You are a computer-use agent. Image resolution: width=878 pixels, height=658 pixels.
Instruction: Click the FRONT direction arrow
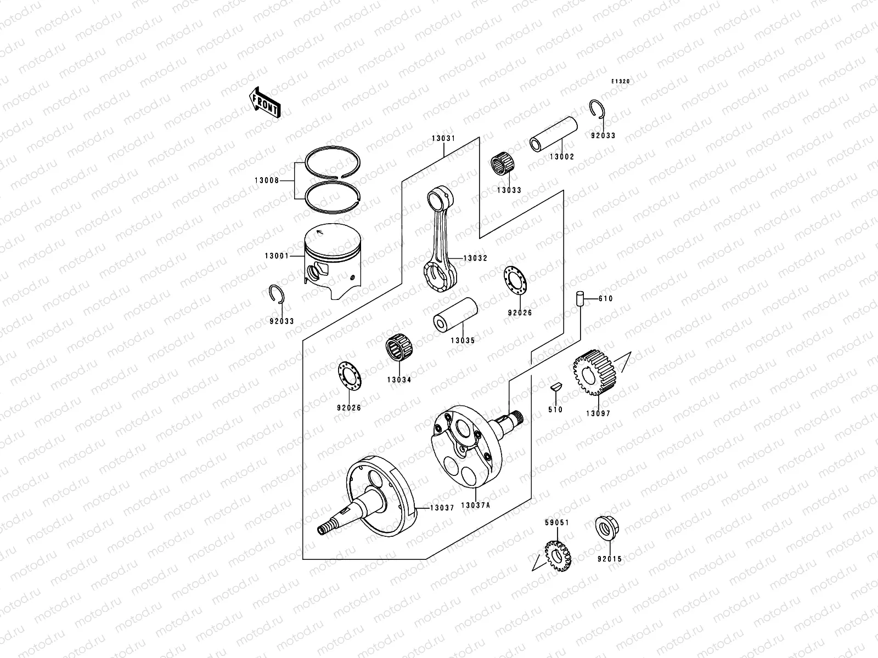pyautogui.click(x=266, y=101)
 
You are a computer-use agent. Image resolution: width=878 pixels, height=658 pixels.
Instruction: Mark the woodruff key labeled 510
pyautogui.click(x=555, y=386)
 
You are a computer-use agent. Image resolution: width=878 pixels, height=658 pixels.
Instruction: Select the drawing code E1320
pyautogui.click(x=621, y=81)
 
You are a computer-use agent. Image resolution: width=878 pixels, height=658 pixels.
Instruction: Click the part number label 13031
pyautogui.click(x=443, y=139)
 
